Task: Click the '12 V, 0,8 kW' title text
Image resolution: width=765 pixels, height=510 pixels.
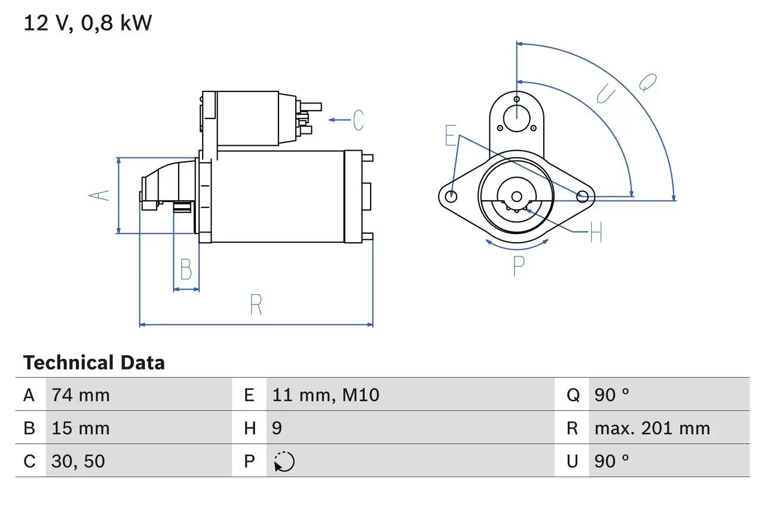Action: point(88,23)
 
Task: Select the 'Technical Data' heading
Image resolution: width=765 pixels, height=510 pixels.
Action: point(94,363)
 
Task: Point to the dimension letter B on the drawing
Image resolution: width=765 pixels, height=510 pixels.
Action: point(186,270)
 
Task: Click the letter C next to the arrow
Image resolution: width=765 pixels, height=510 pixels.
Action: point(357,120)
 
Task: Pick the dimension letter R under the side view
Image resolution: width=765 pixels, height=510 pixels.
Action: point(256,305)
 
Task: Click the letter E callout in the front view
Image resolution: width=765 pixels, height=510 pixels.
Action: point(450,136)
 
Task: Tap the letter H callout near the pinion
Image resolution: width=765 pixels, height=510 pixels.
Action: point(596,233)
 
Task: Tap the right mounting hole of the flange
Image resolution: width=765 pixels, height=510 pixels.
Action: point(582,196)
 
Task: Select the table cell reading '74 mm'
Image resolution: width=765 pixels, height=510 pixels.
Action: point(81,395)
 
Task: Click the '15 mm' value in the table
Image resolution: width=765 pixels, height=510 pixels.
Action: point(81,428)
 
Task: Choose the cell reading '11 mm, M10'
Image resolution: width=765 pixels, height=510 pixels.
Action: point(326,395)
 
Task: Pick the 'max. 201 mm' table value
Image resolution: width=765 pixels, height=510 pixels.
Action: point(652,428)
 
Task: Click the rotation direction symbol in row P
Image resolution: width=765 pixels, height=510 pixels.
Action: point(284,462)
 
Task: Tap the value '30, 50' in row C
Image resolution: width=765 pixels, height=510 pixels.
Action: point(78,461)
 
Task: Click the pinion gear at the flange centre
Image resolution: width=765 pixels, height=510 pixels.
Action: point(516,198)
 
